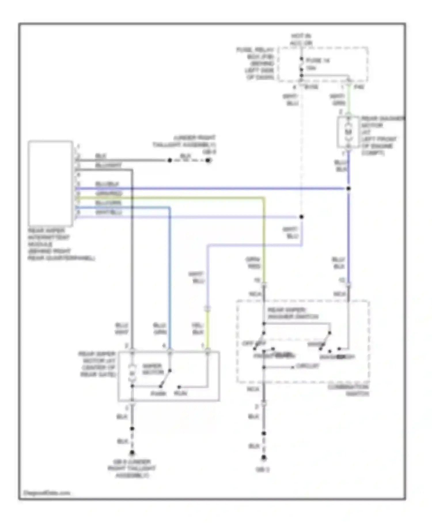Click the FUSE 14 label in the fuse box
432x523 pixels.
pyautogui.click(x=317, y=61)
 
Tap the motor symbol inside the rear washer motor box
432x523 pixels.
pyautogui.click(x=348, y=132)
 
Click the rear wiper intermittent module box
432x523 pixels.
pyautogui.click(x=50, y=183)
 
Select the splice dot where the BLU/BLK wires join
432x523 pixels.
pyautogui.click(x=348, y=189)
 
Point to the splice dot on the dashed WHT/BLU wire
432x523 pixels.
pyautogui.click(x=301, y=217)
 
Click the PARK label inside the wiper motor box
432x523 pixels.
pyautogui.click(x=158, y=393)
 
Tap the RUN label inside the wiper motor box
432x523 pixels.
pyautogui.click(x=180, y=393)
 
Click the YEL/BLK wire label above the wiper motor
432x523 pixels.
pyautogui.click(x=198, y=329)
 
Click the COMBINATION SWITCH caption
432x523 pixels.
pyautogui.click(x=348, y=390)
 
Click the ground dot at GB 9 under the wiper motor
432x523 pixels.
pyautogui.click(x=132, y=453)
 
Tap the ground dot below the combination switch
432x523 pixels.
pyautogui.click(x=264, y=458)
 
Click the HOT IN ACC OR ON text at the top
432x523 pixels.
pyautogui.click(x=301, y=39)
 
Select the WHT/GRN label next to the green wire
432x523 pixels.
pyautogui.click(x=338, y=99)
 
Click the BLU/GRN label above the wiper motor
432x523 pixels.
pyautogui.click(x=160, y=329)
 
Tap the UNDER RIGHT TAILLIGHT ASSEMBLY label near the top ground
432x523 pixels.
pyautogui.click(x=185, y=141)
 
